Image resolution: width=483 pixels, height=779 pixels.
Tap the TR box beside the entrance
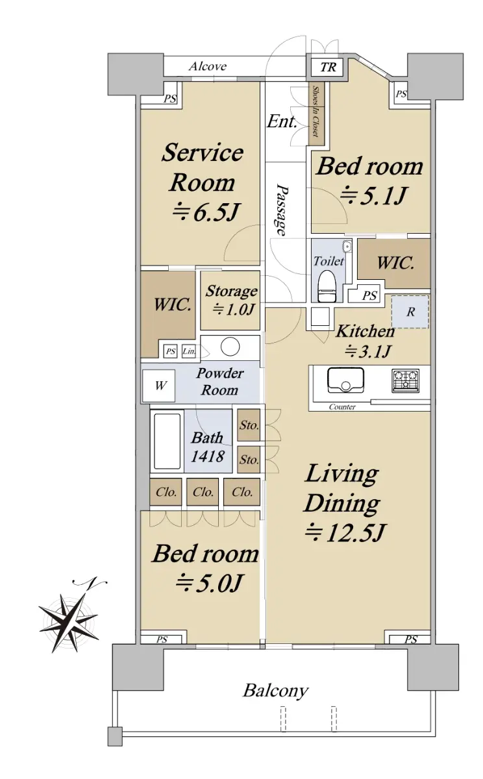tap(328, 66)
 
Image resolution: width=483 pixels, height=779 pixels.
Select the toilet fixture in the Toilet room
tap(326, 286)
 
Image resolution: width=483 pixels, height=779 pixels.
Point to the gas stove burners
tap(406, 380)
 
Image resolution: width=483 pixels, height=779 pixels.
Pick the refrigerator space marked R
tap(410, 312)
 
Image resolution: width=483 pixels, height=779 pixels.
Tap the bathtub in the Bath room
tap(167, 441)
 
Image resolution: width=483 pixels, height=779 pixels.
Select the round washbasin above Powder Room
tap(230, 347)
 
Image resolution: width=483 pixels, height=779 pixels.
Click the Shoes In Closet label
tap(316, 111)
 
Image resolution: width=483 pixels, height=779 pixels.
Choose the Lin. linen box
tap(189, 351)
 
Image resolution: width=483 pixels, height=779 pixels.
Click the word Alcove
tap(208, 66)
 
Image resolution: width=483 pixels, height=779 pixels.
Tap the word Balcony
tap(275, 691)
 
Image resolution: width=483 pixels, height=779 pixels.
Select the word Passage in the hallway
tap(282, 210)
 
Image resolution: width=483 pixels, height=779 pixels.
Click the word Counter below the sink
tap(342, 406)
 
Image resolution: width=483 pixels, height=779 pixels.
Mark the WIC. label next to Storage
tap(173, 305)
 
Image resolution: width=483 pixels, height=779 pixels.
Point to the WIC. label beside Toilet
tap(395, 263)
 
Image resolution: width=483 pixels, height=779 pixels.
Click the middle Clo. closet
tap(203, 492)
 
